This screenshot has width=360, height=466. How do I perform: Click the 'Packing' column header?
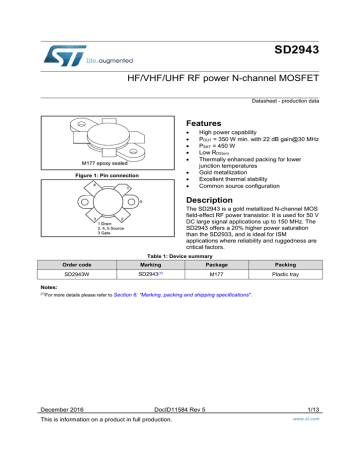point(288,265)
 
